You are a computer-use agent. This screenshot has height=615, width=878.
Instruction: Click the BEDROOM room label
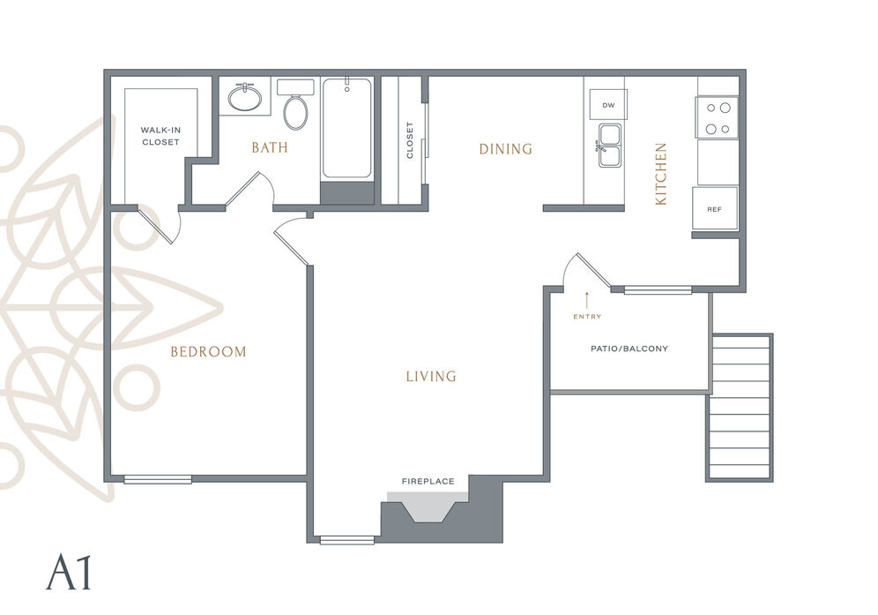208,351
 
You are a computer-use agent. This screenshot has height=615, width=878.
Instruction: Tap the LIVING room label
431,376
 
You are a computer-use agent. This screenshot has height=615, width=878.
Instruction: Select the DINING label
506,148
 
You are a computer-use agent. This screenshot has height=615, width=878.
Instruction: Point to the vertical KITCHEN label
661,174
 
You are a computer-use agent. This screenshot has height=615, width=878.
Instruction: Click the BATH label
270,147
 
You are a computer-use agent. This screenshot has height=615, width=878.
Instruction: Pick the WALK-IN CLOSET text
160,136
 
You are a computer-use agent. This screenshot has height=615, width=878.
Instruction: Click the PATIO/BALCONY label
629,349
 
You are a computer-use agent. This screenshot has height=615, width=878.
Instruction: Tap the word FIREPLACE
428,481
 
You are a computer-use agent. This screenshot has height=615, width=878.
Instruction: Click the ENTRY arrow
587,301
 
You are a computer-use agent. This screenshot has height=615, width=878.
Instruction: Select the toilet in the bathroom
295,104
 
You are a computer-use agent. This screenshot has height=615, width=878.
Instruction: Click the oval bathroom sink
245,98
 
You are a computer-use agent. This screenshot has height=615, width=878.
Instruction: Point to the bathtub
347,128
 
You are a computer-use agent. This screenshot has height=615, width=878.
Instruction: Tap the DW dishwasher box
608,105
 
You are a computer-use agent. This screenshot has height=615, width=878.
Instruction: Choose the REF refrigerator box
715,208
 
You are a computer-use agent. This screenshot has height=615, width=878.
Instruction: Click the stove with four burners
718,117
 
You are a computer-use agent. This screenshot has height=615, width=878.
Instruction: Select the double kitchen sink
610,146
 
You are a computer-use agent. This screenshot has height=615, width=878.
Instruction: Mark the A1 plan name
68,572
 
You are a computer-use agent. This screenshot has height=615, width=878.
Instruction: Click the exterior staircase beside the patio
739,408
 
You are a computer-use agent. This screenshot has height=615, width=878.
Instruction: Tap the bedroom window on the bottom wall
158,479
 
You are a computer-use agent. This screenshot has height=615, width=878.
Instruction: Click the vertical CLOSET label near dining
409,140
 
